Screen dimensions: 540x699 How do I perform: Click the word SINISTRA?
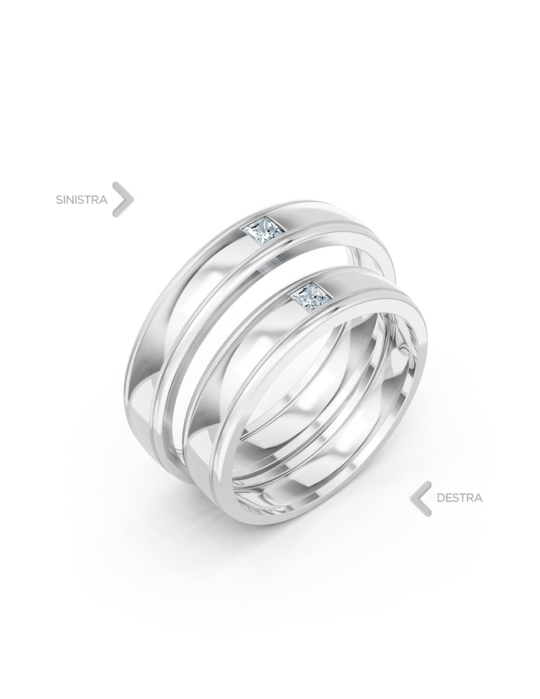[82, 200]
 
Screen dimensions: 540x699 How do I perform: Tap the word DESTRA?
[460, 498]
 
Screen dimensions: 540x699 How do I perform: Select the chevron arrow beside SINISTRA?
[124, 199]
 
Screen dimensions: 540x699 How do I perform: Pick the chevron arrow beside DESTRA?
[421, 498]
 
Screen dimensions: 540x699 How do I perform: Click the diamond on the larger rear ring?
[264, 231]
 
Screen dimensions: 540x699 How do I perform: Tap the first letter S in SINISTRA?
[59, 200]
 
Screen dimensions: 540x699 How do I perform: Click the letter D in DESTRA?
[441, 498]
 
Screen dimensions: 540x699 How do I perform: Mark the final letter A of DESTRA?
[478, 498]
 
